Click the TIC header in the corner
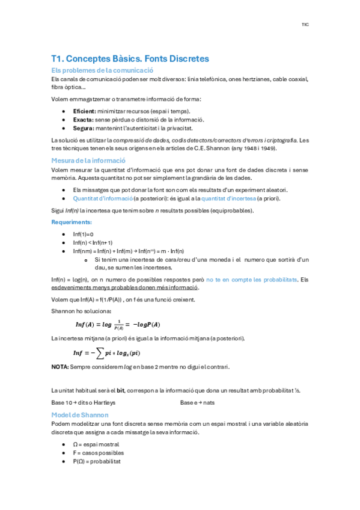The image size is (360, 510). [x=305, y=25]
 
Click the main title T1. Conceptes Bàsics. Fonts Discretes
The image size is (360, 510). [x=130, y=59]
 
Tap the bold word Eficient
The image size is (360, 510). [x=84, y=111]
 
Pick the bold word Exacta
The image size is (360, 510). [x=83, y=120]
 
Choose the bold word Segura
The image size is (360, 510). [x=83, y=128]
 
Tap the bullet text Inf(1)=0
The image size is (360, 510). [x=83, y=234]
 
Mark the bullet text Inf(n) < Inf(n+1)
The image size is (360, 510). [x=92, y=242]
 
